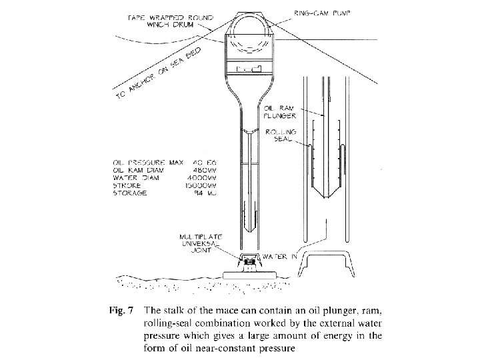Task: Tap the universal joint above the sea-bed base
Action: [x=250, y=262]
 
